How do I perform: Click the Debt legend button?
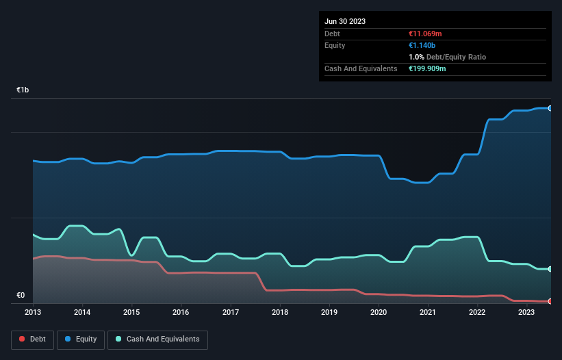tap(32, 339)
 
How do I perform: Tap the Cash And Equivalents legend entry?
tap(157, 339)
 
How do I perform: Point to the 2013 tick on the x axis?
tap(33, 313)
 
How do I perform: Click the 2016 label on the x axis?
tap(181, 313)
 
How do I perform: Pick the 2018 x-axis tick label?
tap(279, 313)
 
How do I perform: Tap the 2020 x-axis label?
tap(379, 313)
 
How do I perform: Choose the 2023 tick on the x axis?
tap(526, 313)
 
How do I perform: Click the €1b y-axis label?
tap(23, 90)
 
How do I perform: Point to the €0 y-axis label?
tap(21, 296)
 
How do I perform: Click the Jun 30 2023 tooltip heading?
tap(345, 21)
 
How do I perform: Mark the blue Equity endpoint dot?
tap(550, 108)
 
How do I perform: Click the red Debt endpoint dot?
tap(550, 301)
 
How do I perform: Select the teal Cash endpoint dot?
tap(550, 269)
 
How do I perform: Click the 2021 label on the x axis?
tap(428, 313)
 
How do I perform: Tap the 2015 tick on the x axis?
tap(131, 313)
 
